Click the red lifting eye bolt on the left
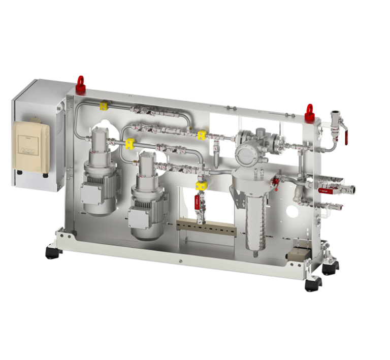[80, 81]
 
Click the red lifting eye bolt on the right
[309, 110]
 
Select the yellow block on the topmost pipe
[103, 106]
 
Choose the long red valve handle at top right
[345, 133]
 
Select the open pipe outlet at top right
[335, 114]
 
